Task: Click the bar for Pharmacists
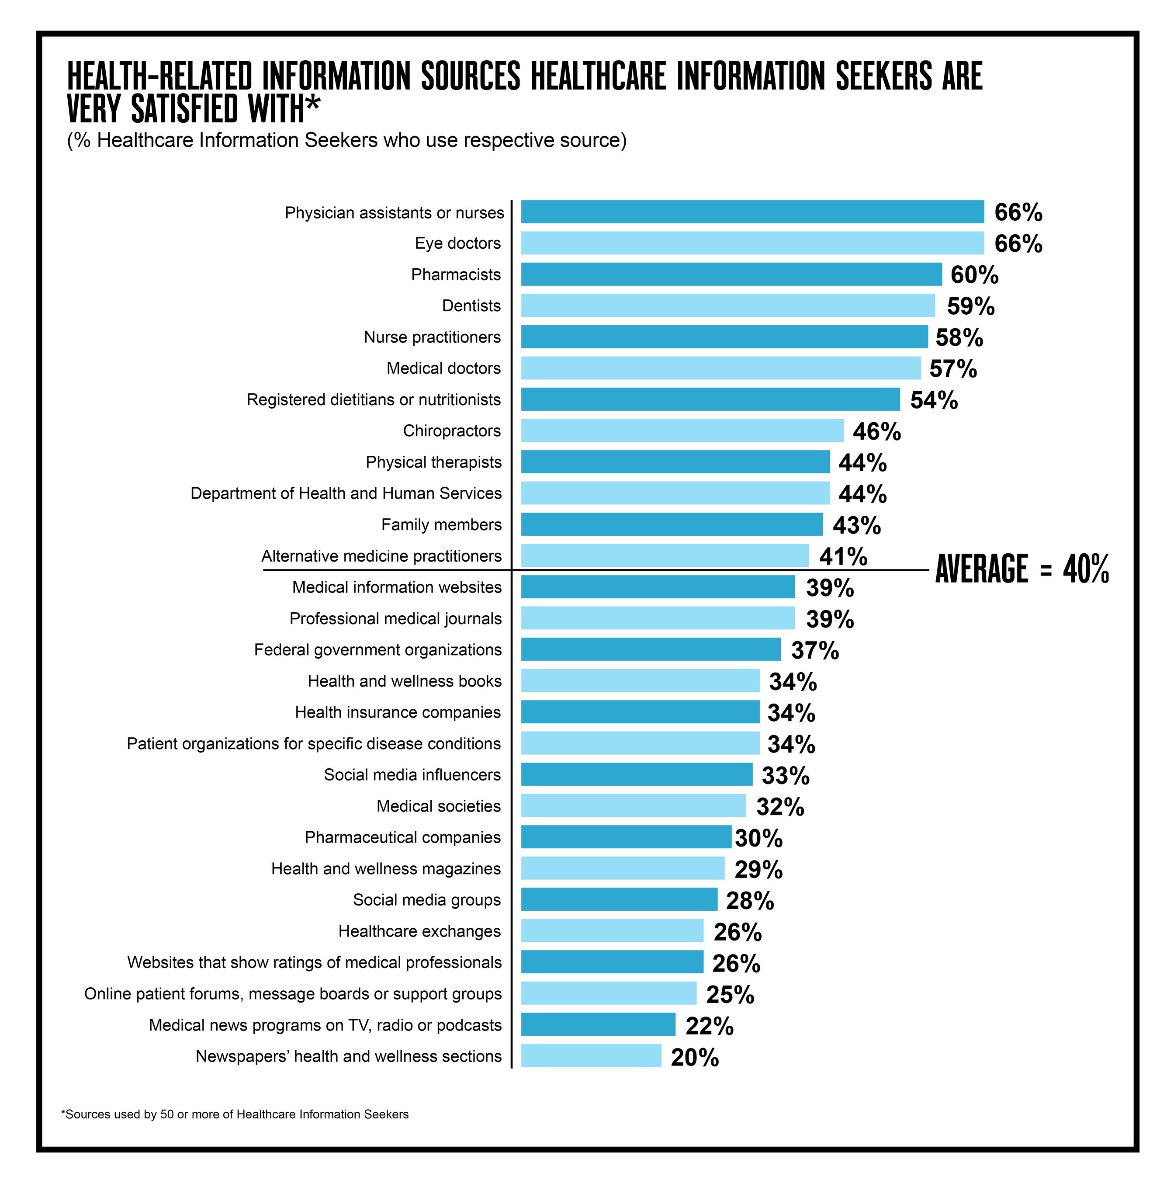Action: [x=731, y=274]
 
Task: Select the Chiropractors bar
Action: [x=682, y=430]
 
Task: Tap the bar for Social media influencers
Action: [x=636, y=774]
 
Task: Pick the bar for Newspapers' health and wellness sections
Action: [x=591, y=1056]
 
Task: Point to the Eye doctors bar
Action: [x=752, y=243]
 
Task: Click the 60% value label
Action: [x=974, y=275]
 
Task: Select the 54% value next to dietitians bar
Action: [x=933, y=400]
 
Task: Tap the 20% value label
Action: [x=694, y=1057]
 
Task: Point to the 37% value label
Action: [x=815, y=650]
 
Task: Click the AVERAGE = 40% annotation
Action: [x=1022, y=569]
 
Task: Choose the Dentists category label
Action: [x=471, y=305]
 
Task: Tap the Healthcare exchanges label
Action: [x=419, y=931]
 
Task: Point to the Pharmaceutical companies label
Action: [x=402, y=837]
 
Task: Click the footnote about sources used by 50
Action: [x=235, y=1114]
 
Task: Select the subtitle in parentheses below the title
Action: [x=346, y=140]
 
